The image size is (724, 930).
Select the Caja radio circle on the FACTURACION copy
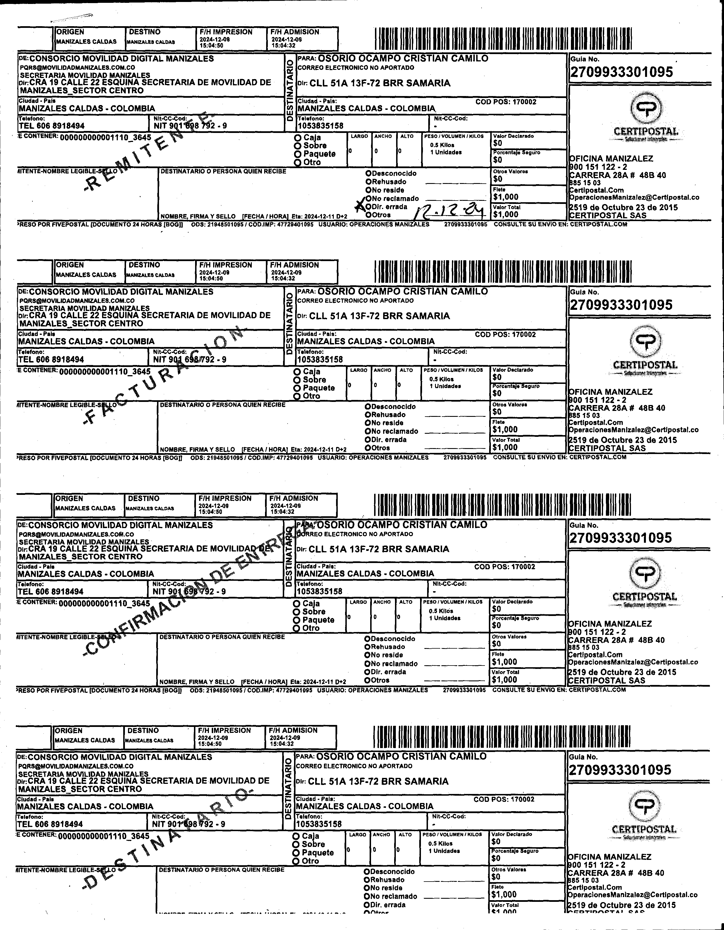pyautogui.click(x=297, y=372)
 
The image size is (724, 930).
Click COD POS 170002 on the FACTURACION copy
pyautogui.click(x=506, y=335)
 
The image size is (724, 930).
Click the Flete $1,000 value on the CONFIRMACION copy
pyautogui.click(x=505, y=662)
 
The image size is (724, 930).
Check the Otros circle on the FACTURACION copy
pyautogui.click(x=367, y=448)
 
